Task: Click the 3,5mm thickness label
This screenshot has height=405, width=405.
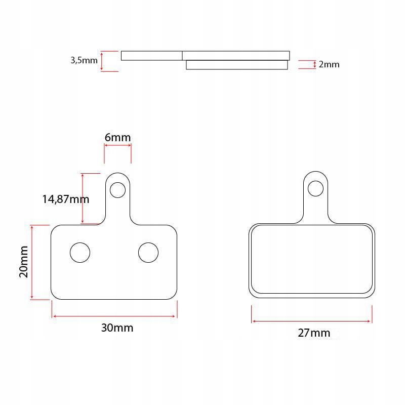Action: point(84,60)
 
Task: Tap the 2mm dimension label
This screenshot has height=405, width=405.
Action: point(329,64)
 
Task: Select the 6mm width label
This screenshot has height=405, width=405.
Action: point(117,137)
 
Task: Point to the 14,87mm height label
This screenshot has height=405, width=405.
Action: point(66,199)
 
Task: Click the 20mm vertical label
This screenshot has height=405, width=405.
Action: point(23,262)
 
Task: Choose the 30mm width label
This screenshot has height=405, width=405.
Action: point(117,328)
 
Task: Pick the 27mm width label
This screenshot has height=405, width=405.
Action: point(314,333)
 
